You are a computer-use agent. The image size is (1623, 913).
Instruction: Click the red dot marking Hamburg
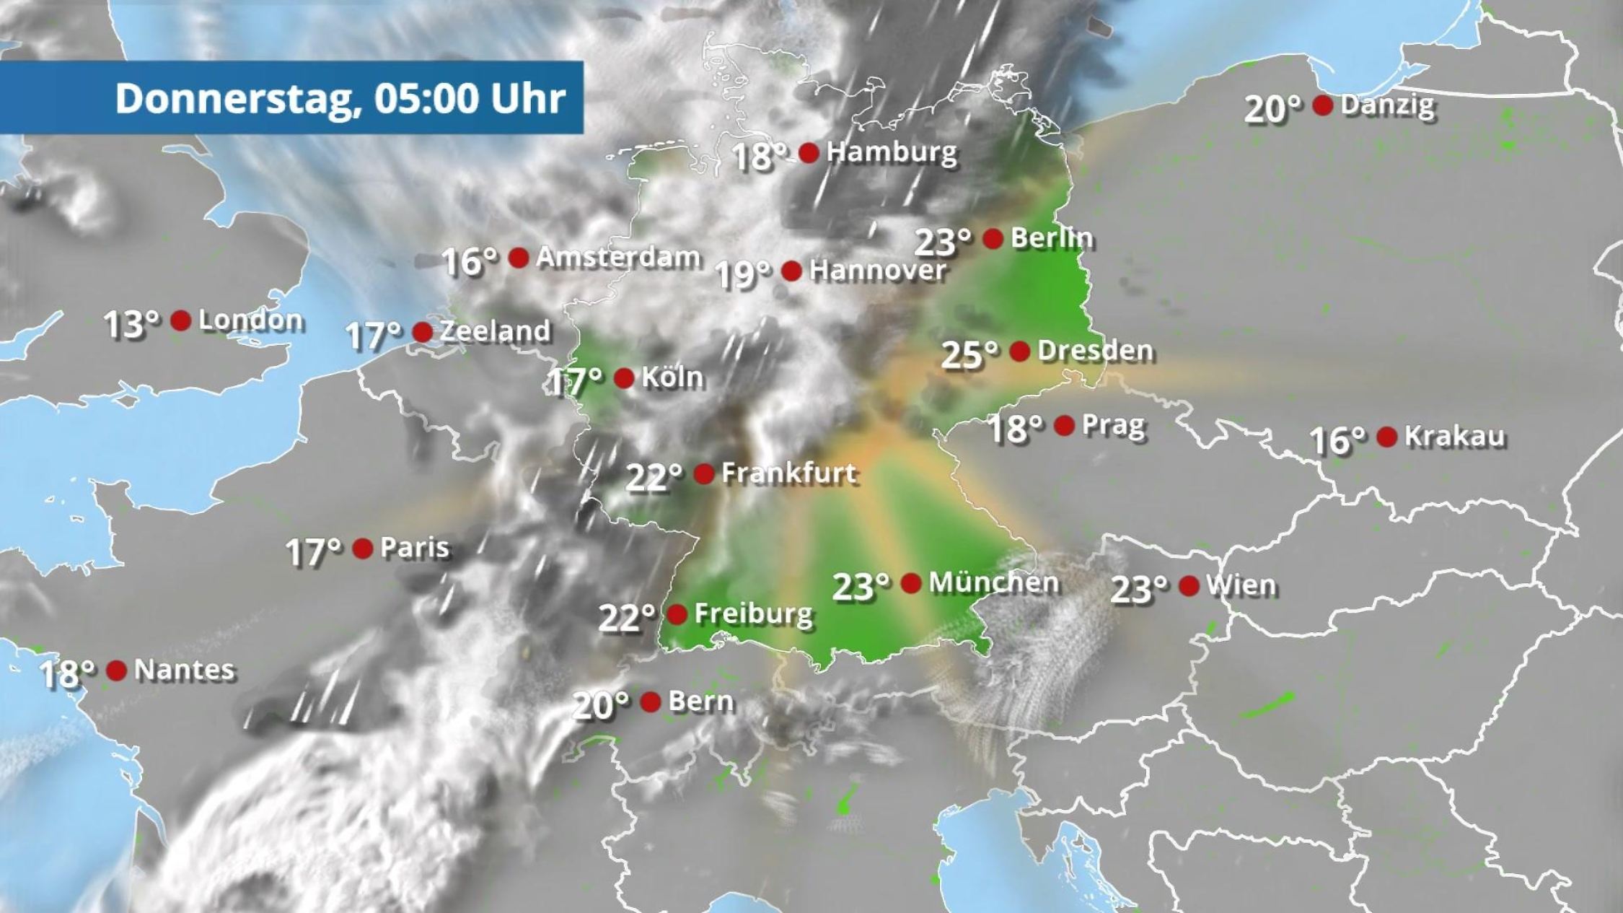[x=809, y=152]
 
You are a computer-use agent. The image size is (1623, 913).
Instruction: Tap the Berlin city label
[x=1051, y=237]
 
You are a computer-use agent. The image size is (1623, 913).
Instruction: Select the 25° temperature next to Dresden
[x=969, y=354]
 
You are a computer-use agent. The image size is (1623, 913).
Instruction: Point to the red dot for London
[x=180, y=320]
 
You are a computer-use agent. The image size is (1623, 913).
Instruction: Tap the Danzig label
[x=1387, y=105]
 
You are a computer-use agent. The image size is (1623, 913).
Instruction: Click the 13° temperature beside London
[x=131, y=324]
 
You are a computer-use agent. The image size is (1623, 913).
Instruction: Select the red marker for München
[x=911, y=582]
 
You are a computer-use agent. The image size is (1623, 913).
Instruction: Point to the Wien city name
[x=1241, y=585]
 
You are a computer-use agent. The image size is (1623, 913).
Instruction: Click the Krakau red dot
[x=1386, y=436]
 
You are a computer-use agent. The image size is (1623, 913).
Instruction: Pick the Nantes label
[x=184, y=670]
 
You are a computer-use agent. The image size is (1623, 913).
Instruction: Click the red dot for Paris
[x=362, y=549]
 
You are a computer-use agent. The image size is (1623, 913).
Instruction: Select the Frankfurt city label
[x=788, y=473]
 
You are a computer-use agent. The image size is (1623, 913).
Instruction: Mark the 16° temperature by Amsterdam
[x=469, y=261]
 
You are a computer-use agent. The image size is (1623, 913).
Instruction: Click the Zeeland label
[x=495, y=331]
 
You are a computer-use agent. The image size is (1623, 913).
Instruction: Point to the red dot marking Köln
[x=624, y=377]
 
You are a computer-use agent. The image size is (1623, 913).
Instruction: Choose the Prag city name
[x=1113, y=425]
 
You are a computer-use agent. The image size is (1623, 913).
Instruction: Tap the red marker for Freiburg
[x=677, y=614]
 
